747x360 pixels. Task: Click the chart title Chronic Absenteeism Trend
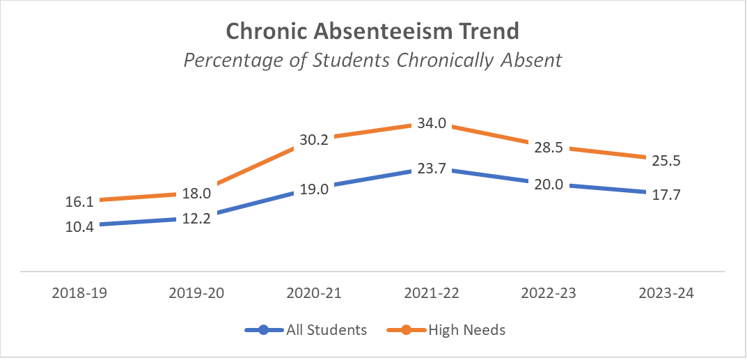372,31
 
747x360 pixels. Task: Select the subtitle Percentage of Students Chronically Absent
372,61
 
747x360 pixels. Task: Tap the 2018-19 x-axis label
80,294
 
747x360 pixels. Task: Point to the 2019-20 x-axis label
197,294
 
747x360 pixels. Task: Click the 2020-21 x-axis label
315,294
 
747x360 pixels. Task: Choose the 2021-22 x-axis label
432,294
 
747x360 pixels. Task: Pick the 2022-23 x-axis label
549,294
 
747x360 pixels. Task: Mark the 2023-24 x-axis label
666,294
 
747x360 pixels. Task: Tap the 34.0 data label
432,124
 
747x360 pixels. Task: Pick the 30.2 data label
315,139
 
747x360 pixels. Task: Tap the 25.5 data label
666,161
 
